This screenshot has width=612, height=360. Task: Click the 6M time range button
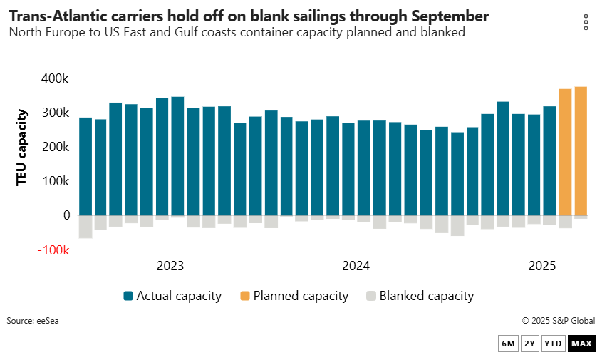click(508, 344)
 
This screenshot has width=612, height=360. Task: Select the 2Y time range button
click(529, 344)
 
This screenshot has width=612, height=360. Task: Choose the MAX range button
click(581, 344)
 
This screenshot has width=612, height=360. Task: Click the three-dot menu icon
click(586, 22)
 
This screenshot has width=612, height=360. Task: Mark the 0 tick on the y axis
click(66, 215)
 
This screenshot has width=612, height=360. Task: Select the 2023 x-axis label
click(170, 266)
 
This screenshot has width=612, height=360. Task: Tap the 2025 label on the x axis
click(541, 266)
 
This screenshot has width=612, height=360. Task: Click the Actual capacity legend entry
click(172, 296)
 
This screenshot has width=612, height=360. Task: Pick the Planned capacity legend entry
click(294, 296)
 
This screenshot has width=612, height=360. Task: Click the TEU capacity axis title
click(22, 148)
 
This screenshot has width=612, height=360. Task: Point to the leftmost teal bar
click(85, 166)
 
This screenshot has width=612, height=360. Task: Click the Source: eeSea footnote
click(33, 321)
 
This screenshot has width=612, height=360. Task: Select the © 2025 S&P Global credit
click(558, 321)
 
